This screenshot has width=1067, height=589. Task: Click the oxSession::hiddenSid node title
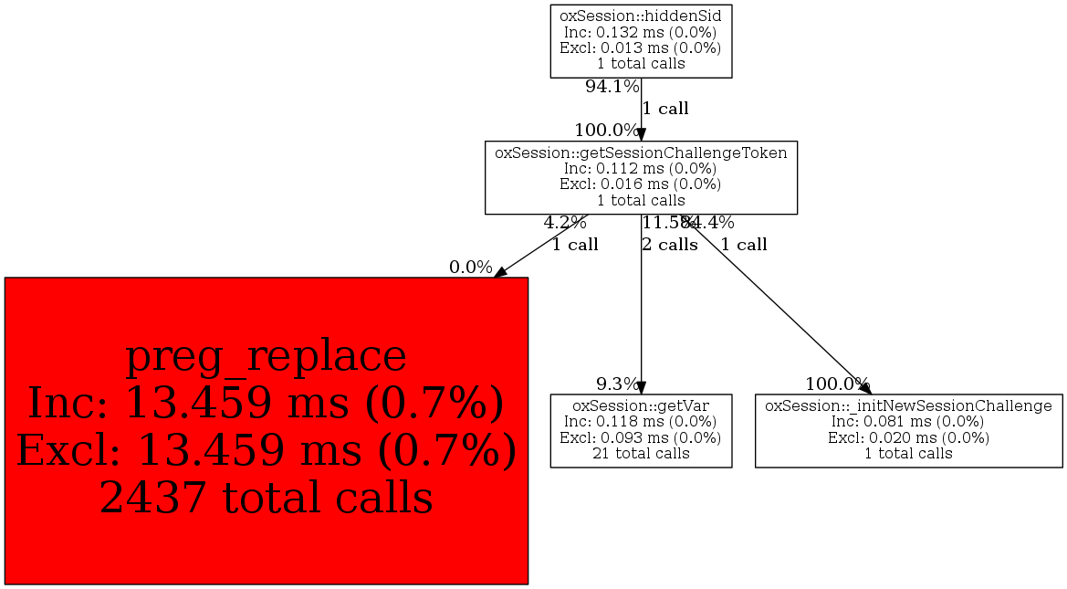coord(641,15)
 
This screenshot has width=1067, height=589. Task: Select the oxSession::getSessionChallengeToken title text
coord(641,153)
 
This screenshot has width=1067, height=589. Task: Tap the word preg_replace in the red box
coord(266,355)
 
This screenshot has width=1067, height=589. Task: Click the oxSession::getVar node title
coord(641,405)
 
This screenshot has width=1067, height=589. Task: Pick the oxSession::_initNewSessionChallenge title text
coord(908,405)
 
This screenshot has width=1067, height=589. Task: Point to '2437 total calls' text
coord(266,498)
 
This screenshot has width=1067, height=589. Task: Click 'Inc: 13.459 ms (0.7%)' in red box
coord(266,403)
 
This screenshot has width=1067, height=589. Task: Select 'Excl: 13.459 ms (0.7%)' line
coord(266,450)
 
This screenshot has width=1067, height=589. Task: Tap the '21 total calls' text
coord(641,453)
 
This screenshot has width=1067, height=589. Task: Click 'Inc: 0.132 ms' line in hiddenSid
coord(641,31)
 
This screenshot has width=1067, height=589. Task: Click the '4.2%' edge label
coord(565,222)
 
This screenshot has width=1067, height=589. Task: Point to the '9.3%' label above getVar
coord(617,384)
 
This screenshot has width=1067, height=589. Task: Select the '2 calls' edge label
coord(670,245)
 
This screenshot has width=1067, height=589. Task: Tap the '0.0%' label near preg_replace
coord(470,268)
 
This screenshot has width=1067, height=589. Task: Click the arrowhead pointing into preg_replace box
coord(500,272)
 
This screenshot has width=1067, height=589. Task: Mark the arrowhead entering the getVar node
coord(642,387)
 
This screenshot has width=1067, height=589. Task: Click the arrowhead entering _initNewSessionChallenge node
coord(864,387)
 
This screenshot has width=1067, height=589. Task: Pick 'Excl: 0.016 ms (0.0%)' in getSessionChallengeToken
coord(641,184)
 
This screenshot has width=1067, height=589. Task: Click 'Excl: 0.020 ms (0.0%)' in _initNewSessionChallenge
coord(908,437)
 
